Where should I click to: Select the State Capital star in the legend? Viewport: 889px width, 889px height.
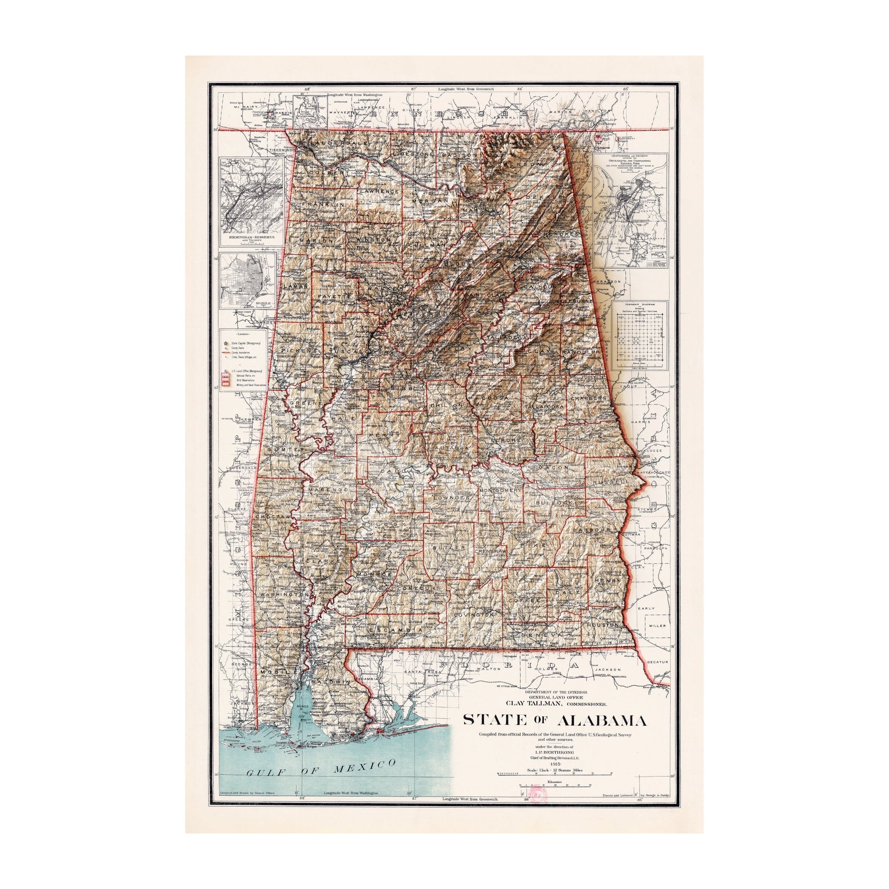point(225,343)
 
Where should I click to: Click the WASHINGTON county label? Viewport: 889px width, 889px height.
point(283,595)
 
